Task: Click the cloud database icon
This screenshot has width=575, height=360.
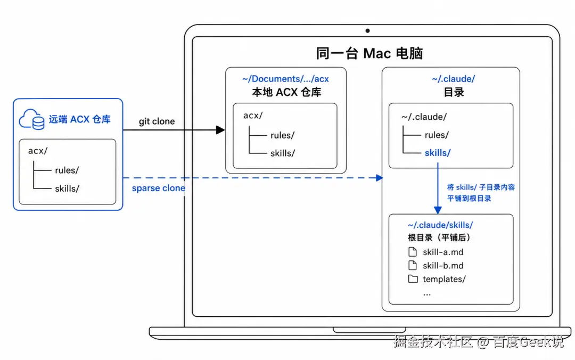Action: point(32,119)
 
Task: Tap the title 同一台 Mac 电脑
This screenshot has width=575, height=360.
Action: point(369,54)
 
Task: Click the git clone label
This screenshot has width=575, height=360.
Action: point(157,121)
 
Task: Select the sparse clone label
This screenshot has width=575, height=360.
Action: point(159,189)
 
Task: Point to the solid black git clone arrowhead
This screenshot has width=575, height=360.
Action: point(220,130)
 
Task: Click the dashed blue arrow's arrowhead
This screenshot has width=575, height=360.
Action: point(380,178)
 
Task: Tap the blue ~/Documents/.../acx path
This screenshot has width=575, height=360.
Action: point(285,79)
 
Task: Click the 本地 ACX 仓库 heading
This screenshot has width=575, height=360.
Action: point(286,92)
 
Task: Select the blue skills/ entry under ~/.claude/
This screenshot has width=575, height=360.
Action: point(438,153)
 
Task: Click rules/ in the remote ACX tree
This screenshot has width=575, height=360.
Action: point(67,170)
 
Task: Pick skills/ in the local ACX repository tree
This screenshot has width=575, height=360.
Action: point(282,153)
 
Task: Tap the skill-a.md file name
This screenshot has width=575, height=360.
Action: point(443,252)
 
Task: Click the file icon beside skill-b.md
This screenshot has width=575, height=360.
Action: point(413,265)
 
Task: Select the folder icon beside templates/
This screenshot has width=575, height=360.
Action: point(413,279)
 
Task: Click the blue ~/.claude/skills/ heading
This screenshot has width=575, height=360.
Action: point(440,225)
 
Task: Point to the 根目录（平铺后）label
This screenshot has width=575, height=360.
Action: point(439,238)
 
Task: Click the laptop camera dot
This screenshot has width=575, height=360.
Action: point(367,31)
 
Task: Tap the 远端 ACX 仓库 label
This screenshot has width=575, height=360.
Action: point(79,119)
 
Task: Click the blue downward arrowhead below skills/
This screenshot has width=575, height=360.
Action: point(438,210)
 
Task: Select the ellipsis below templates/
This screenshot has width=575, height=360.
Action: point(427,294)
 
